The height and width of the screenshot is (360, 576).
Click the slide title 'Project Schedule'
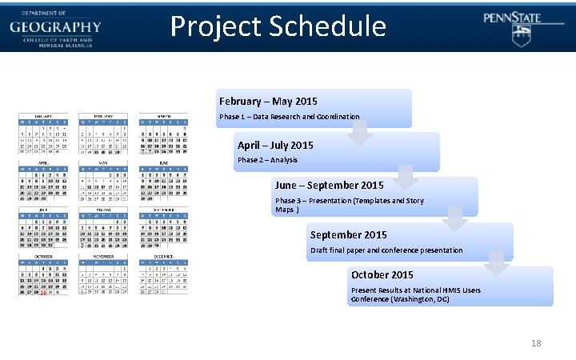(278, 26)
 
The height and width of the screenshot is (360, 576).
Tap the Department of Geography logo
(55, 26)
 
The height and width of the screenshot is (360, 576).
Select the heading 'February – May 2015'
(268, 102)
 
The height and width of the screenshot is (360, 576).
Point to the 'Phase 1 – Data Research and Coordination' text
(289, 117)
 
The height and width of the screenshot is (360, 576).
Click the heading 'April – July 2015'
(275, 146)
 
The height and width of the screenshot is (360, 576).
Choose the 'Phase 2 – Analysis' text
(267, 160)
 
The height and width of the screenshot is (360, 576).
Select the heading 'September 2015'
(348, 235)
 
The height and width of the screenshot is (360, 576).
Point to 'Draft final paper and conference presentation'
(386, 250)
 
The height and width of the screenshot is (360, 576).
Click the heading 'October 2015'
(382, 275)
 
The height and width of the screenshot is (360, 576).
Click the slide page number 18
(536, 343)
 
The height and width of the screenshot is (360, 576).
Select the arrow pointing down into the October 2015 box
(497, 264)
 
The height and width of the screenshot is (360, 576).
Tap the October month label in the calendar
(43, 257)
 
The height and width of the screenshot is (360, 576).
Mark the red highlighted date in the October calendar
(43, 294)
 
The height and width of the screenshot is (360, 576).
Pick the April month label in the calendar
(43, 162)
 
